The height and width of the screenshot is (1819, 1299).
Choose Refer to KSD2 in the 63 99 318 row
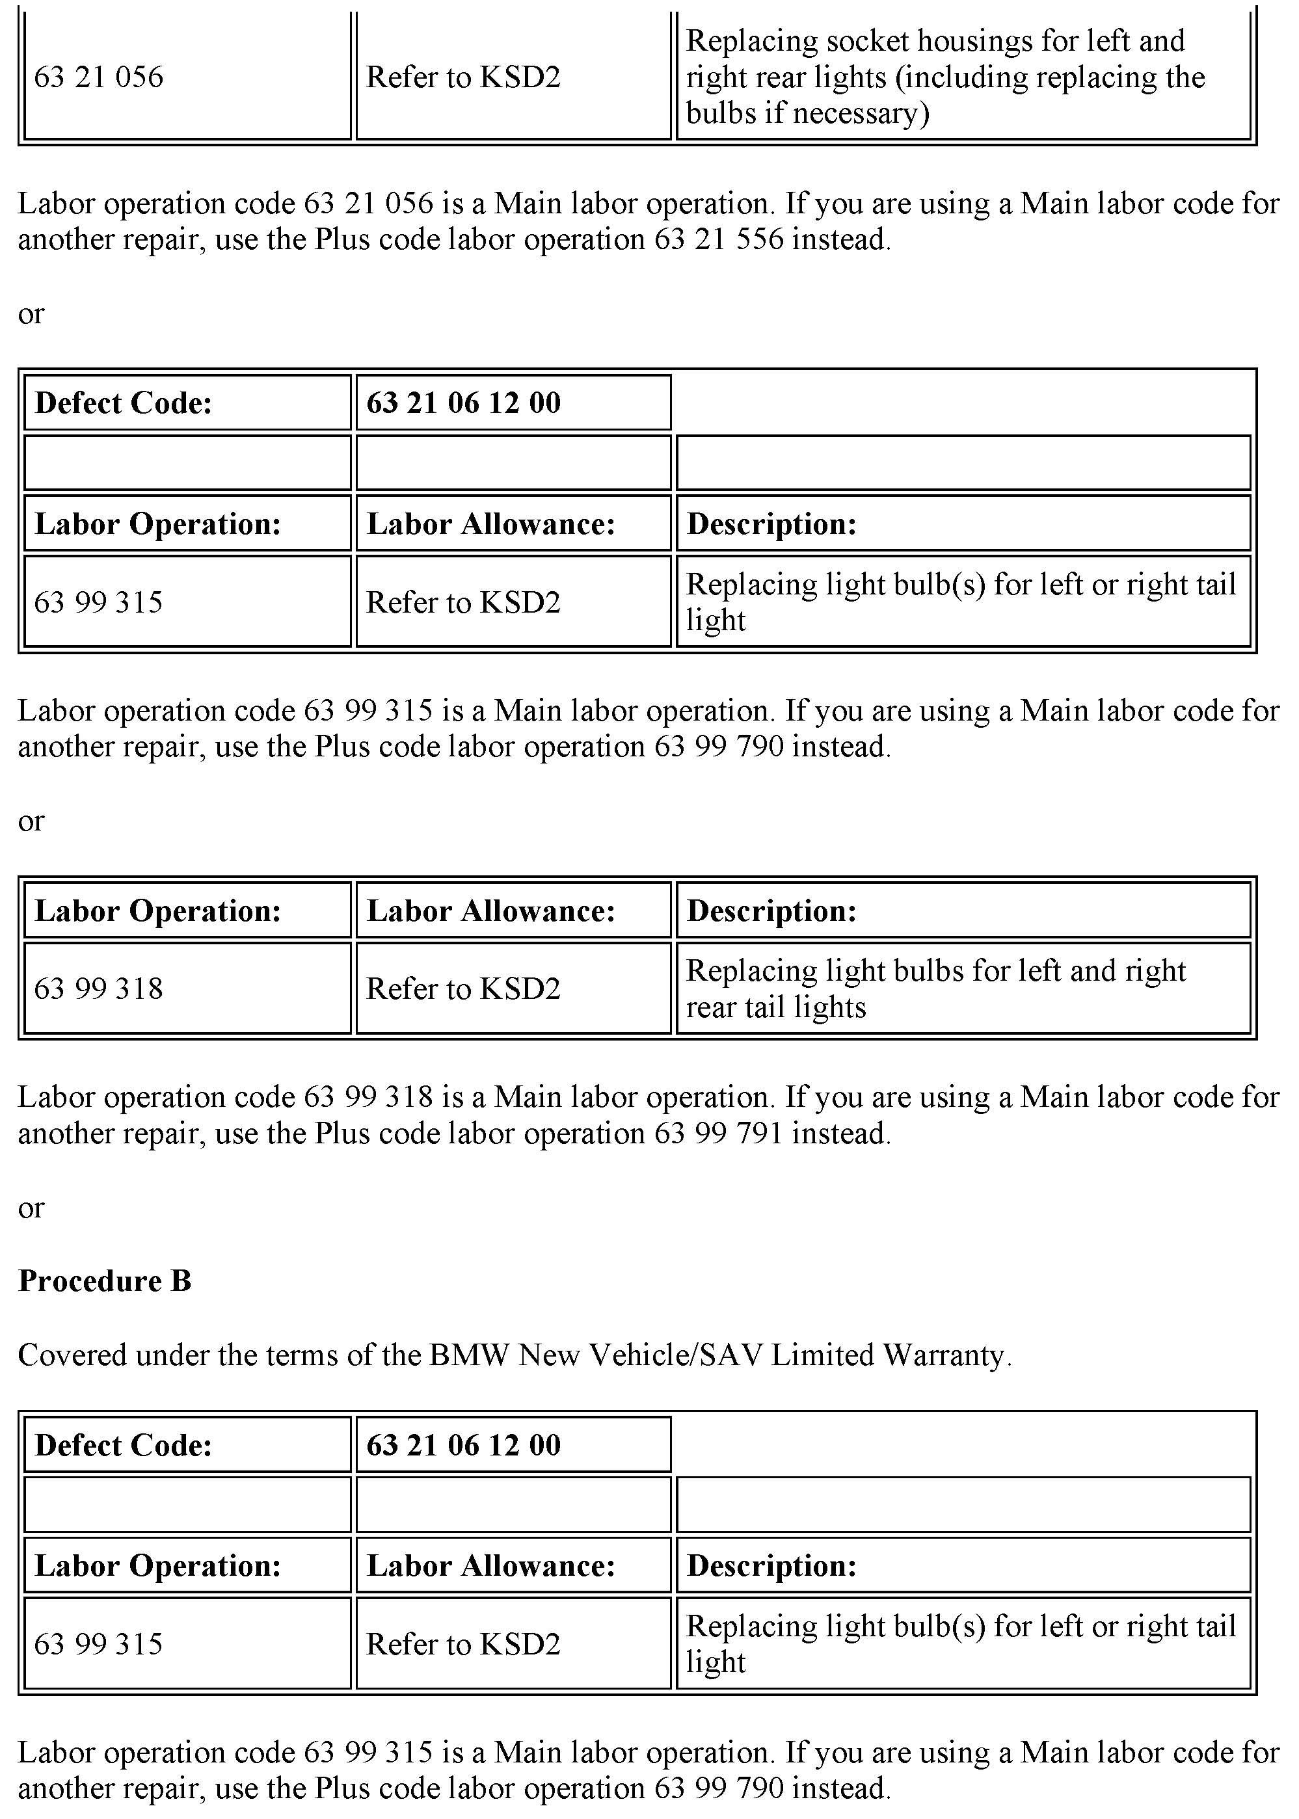coord(463,989)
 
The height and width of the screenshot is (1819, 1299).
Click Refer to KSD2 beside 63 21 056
coord(463,77)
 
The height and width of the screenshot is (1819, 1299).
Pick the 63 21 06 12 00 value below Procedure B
coord(463,1446)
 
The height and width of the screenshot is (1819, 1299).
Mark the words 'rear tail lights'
coord(776,1007)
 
